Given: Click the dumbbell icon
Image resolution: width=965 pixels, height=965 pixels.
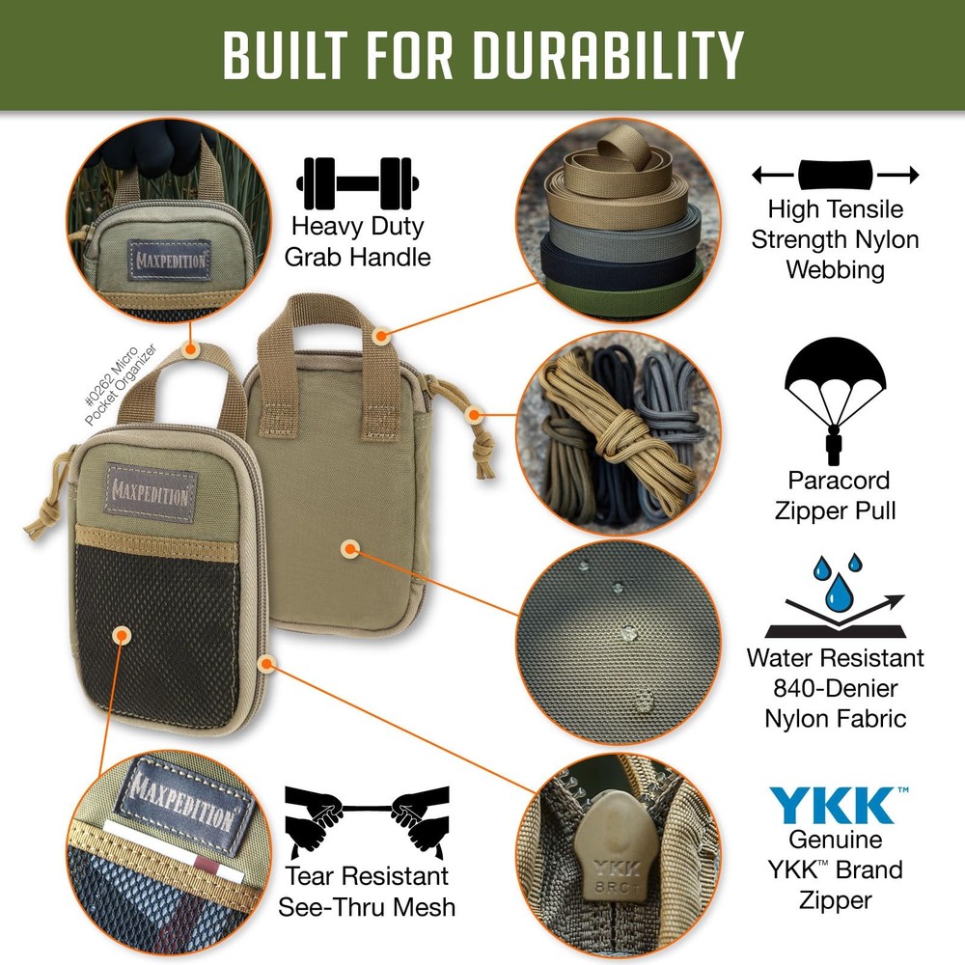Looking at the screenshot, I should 359,183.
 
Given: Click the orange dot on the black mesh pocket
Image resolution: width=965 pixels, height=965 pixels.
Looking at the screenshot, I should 121,634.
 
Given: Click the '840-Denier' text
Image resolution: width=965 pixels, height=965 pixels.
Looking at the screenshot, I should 836,688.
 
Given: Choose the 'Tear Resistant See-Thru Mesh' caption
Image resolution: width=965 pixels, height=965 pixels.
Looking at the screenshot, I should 367,891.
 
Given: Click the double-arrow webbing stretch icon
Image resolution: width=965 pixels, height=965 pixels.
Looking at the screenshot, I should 835,176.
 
